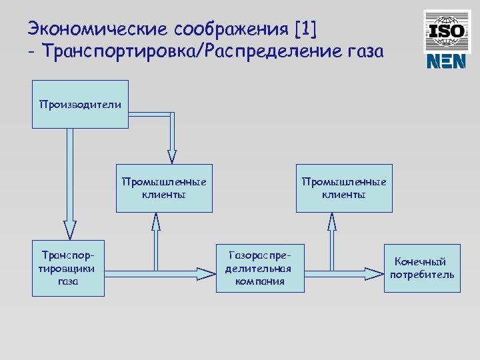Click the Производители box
click(x=80, y=104)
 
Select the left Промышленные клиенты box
click(x=164, y=188)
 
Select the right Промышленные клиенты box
click(x=344, y=188)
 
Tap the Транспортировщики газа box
click(x=69, y=269)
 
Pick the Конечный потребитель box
click(x=422, y=269)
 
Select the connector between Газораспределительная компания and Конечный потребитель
click(x=344, y=272)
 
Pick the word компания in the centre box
click(x=259, y=281)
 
